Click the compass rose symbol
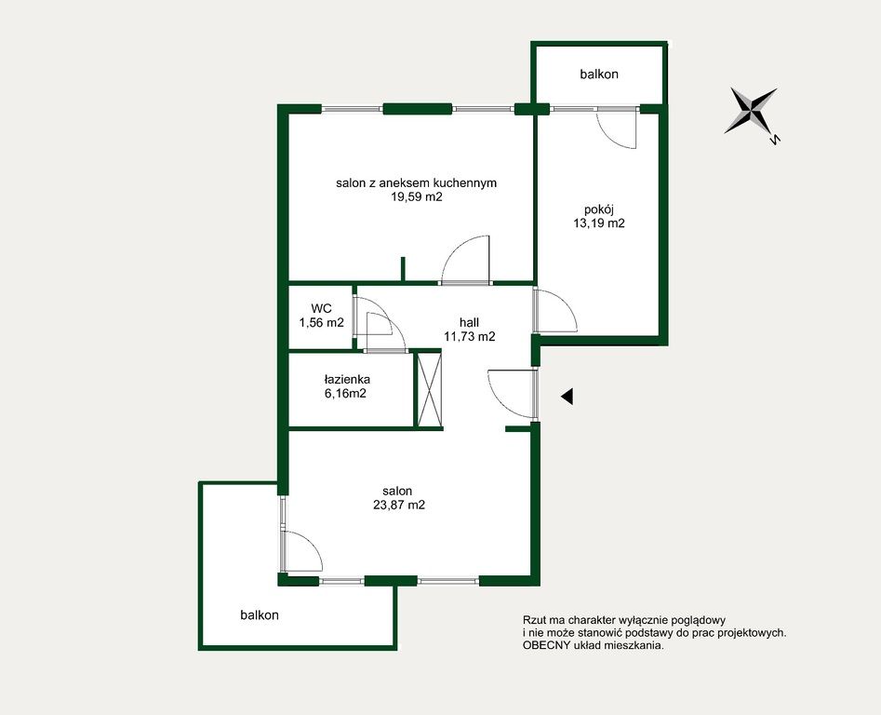(751, 111)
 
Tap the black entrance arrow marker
(567, 397)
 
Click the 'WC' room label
(321, 308)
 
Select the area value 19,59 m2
(417, 196)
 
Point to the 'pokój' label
(599, 209)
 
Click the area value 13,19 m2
(599, 223)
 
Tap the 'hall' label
(469, 323)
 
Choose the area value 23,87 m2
(399, 505)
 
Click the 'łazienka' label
(347, 380)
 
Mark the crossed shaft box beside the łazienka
(429, 389)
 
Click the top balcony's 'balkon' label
(599, 74)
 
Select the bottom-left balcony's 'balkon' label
(260, 615)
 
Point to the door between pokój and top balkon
(617, 128)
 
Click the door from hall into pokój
(556, 310)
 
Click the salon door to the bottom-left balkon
(303, 551)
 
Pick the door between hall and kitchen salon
(466, 259)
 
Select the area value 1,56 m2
(321, 323)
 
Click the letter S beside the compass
(774, 139)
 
